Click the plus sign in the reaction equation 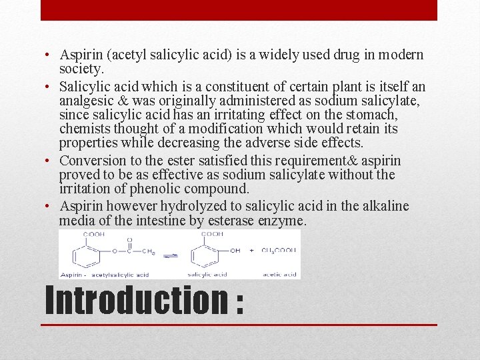tap(251, 251)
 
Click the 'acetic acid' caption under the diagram tap(279, 274)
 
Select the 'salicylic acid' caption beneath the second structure tap(207, 274)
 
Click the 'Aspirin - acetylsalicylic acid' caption tap(104, 274)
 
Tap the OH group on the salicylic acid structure tap(235, 251)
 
